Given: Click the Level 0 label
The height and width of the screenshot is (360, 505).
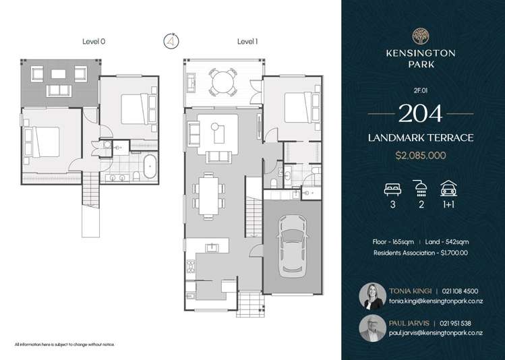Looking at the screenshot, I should (93, 42).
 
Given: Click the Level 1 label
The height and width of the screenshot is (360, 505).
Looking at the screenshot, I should (247, 42).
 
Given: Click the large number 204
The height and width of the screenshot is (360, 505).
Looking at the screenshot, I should (421, 113).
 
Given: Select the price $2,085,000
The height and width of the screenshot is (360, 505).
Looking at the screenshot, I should (421, 155).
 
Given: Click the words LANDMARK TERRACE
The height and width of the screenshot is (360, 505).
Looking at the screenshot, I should (421, 138).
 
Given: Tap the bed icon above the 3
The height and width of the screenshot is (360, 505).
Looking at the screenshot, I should (392, 188).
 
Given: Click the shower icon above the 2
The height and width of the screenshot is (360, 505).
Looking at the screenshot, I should (421, 188).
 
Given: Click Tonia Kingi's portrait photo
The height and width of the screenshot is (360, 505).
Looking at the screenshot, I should (374, 295).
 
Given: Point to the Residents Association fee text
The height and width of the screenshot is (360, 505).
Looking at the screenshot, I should (421, 253).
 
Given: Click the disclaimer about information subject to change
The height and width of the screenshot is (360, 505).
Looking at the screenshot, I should (65, 344).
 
